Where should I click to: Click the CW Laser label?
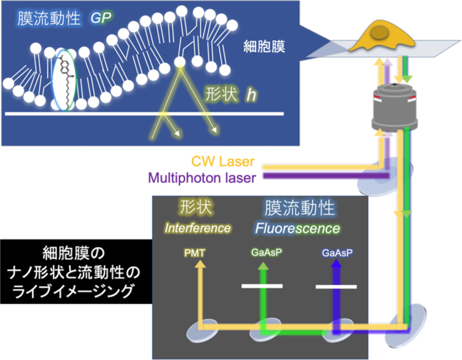pyautogui.click(x=222, y=160)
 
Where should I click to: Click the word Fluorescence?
pyautogui.click(x=298, y=229)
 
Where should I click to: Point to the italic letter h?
pyautogui.click(x=250, y=95)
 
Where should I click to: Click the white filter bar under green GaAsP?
pyautogui.click(x=262, y=286)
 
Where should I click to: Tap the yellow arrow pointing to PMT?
pyautogui.click(x=200, y=287)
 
